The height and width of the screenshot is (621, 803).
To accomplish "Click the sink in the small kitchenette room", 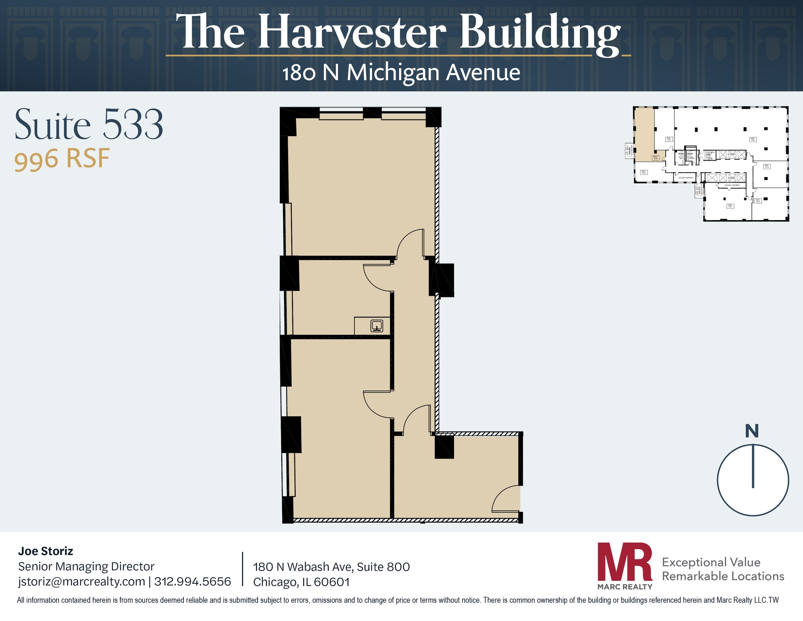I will pyautogui.click(x=377, y=326).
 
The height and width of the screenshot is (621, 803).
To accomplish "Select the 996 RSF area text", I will pyautogui.click(x=62, y=159).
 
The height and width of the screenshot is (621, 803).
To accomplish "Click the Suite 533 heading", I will pyautogui.click(x=89, y=124).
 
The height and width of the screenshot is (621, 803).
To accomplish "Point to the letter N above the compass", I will pyautogui.click(x=752, y=431).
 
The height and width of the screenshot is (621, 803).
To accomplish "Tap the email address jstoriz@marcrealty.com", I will pyautogui.click(x=82, y=581).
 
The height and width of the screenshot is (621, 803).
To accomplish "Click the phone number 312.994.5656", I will pyautogui.click(x=193, y=581).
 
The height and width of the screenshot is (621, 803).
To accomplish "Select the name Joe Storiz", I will pyautogui.click(x=45, y=551).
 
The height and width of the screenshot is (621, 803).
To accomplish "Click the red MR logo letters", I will pyautogui.click(x=624, y=562).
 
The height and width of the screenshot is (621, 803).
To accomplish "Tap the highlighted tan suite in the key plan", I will pyautogui.click(x=644, y=133).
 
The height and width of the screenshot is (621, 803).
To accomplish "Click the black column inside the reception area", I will pyautogui.click(x=444, y=447).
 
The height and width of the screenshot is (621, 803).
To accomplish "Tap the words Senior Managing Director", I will pyautogui.click(x=86, y=566).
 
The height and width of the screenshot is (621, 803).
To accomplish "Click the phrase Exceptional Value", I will pyautogui.click(x=711, y=562).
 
